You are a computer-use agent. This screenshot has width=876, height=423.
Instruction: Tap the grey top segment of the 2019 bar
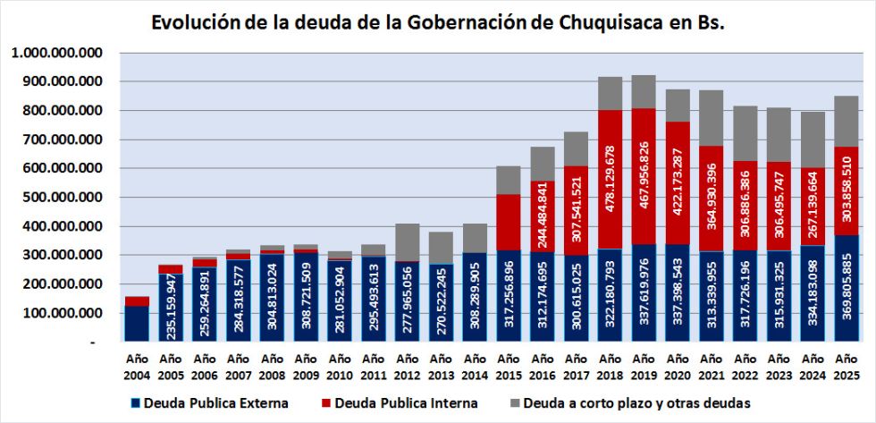coord(644,91)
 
